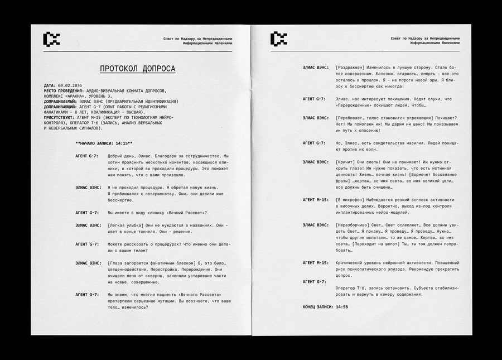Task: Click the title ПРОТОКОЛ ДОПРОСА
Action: point(137,69)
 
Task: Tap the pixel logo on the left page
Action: point(52,39)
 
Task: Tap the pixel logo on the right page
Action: point(279,39)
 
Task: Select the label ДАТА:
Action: point(50,85)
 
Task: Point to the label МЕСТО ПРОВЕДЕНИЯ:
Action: point(64,90)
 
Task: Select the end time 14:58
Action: point(342,307)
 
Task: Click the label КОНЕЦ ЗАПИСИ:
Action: point(318,307)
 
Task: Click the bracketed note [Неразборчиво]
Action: point(353,225)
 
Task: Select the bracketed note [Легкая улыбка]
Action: point(126,225)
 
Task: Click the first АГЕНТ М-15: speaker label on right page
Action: point(316,199)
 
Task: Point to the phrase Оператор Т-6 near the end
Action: point(350,287)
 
